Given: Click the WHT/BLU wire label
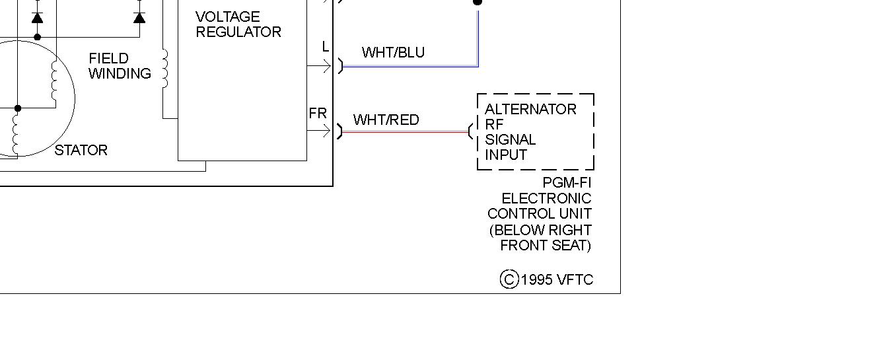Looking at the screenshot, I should coord(393,53).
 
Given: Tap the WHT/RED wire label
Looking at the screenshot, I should coord(386,120).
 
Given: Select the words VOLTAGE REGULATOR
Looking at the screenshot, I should coord(238,24).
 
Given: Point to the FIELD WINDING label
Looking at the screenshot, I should coord(119,66).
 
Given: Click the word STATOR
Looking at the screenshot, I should coord(81,151).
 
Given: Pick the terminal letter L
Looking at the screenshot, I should coord(325,47).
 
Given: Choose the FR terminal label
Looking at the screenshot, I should coord(318,114).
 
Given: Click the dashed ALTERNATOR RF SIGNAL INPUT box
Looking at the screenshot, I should coord(535,131).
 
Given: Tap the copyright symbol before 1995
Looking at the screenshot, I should coord(509,279).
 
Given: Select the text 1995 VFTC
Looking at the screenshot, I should coord(557,280).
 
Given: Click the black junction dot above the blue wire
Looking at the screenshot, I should coord(478,2).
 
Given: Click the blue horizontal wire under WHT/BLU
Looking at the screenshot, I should coord(409,66).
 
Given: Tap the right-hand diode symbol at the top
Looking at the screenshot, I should coord(139,17).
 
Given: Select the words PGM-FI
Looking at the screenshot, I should coord(567,183).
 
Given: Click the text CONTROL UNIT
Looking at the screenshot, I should coord(539,214).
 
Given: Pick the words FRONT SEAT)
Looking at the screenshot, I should coord(546,246).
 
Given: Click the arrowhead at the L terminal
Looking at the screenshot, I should coord(328,66).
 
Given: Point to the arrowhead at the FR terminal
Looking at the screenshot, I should coord(328,131).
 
